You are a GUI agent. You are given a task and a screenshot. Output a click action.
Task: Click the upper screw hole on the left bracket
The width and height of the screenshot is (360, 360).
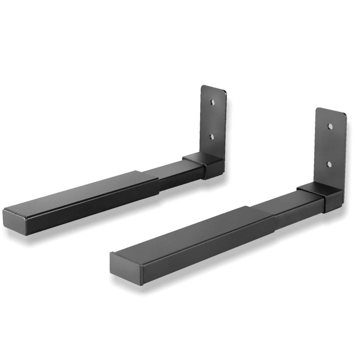click(x=212, y=103)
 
